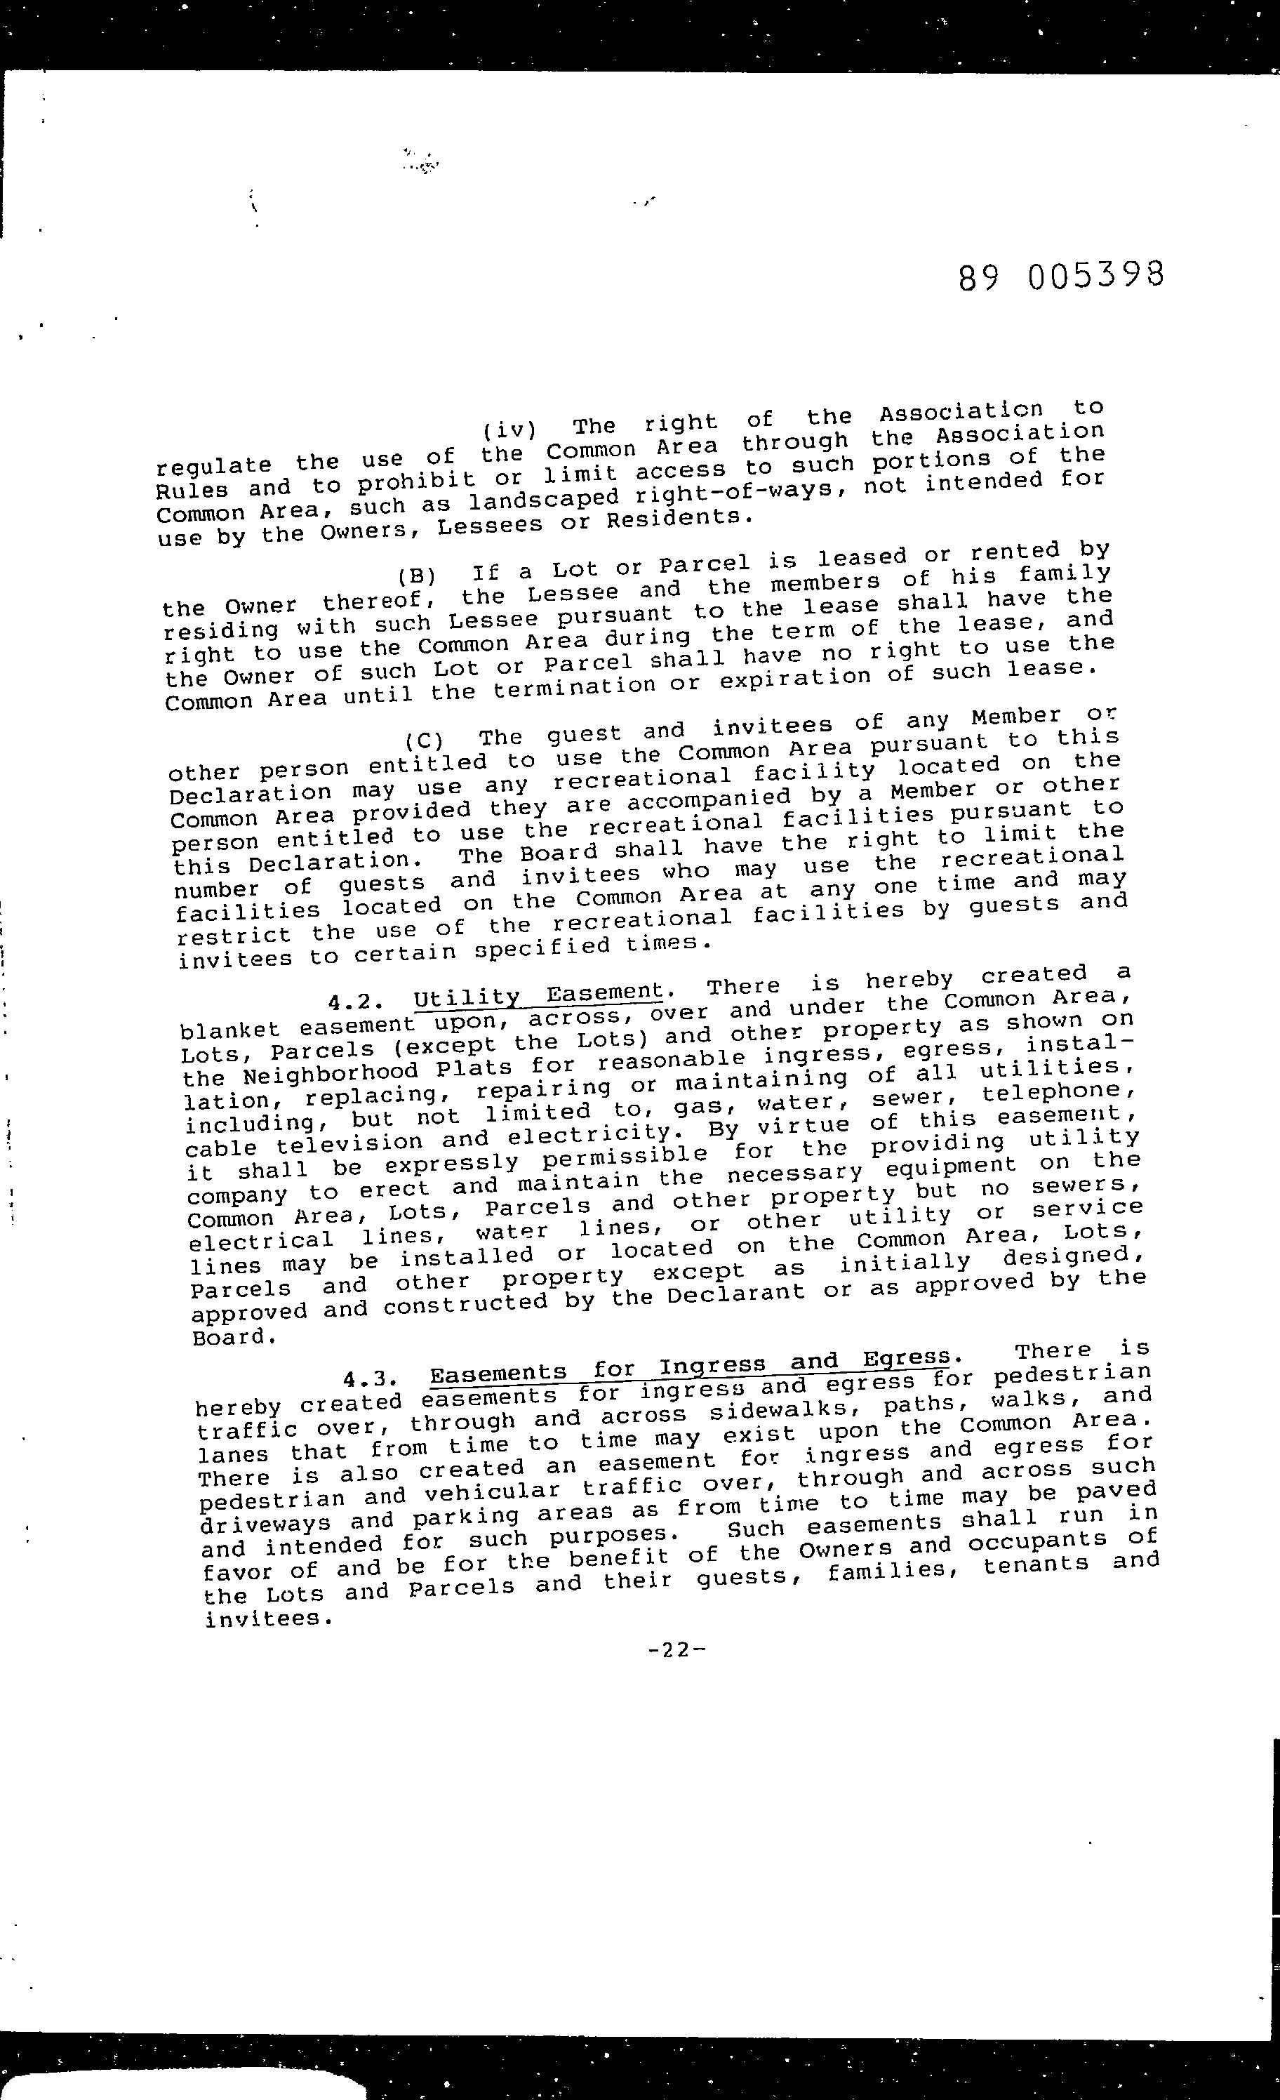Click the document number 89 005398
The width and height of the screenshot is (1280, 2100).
tap(1060, 276)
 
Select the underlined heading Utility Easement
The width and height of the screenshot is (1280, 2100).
tap(538, 995)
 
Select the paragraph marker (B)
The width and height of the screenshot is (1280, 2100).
tap(416, 573)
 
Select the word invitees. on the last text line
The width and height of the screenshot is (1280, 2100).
tap(267, 1619)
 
